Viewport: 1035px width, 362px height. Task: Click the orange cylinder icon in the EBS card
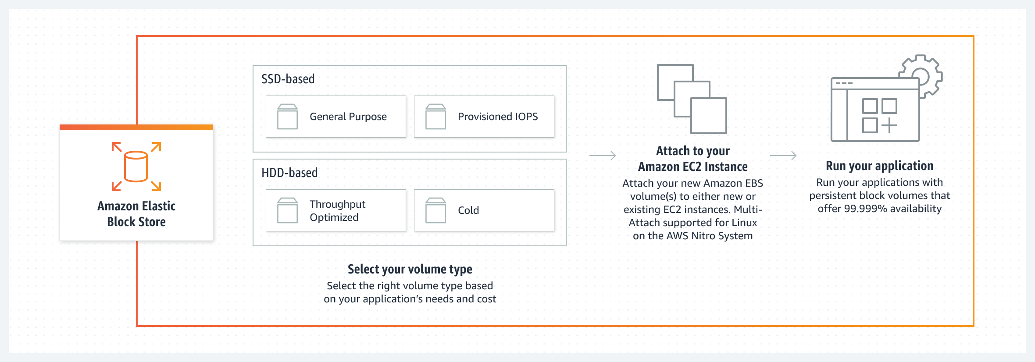tap(136, 167)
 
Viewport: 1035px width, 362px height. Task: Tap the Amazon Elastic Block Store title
tap(136, 214)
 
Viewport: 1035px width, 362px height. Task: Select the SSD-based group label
tap(288, 79)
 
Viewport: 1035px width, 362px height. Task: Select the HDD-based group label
tap(289, 173)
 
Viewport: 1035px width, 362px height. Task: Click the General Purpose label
tap(348, 117)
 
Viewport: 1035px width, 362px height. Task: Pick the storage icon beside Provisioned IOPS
tap(435, 117)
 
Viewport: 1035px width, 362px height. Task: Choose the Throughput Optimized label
tap(337, 210)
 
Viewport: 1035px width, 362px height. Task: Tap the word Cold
tap(468, 210)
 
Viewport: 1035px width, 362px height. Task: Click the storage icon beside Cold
tap(435, 210)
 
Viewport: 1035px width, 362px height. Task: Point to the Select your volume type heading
tap(410, 269)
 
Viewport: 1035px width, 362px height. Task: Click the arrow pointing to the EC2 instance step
tap(603, 156)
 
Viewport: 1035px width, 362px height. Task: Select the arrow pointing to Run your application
tap(783, 156)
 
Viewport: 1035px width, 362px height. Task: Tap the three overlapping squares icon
tap(692, 99)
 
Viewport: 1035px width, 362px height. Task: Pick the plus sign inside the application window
tap(889, 125)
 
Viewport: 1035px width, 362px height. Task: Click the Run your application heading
tap(879, 166)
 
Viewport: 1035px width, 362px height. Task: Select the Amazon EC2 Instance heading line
tap(692, 167)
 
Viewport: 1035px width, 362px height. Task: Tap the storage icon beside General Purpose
tap(287, 117)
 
